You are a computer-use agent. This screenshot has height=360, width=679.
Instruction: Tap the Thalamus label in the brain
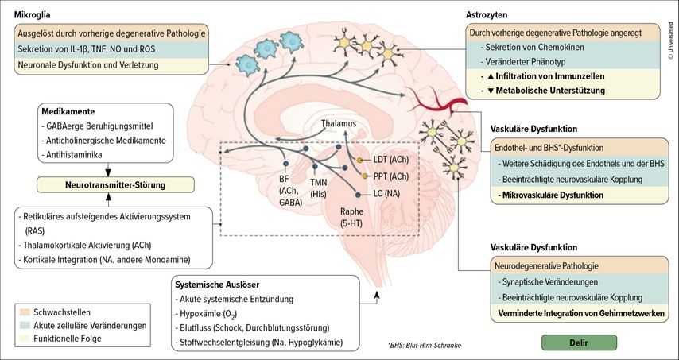pyautogui.click(x=339, y=124)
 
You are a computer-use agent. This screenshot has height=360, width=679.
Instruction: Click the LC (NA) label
pyautogui.click(x=388, y=192)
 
